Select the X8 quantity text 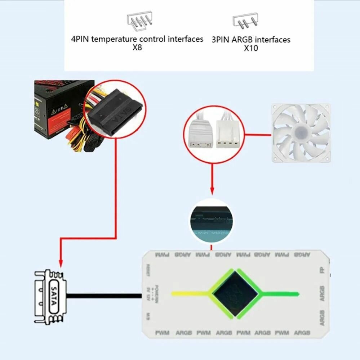point(137,48)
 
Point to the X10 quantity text point(251,48)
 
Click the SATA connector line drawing point(51,296)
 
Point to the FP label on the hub point(322,270)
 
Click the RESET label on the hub point(148,270)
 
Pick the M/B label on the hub point(148,316)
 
